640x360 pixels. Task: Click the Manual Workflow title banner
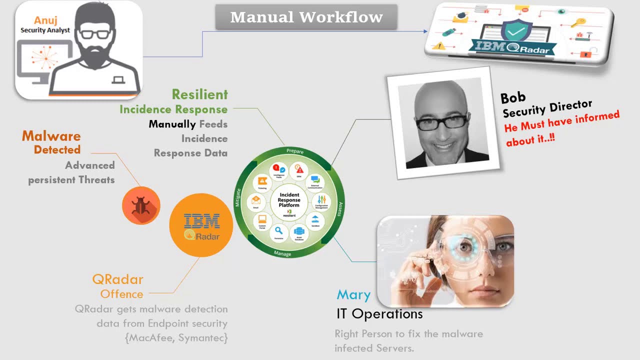[306, 17]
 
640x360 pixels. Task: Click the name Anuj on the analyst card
[45, 20]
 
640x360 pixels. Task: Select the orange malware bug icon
[140, 205]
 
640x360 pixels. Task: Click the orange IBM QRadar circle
[201, 225]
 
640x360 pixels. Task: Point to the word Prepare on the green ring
[295, 151]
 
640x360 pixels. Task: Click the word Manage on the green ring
[282, 253]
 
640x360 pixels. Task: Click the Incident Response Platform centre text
[289, 200]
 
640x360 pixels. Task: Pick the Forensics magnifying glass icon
[279, 231]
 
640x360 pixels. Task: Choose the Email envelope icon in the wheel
[256, 200]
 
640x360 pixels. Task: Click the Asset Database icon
[299, 232]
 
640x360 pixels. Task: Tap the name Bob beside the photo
[512, 97]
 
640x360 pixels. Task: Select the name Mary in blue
[353, 295]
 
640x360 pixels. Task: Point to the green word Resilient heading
[199, 94]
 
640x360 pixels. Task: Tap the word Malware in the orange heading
[51, 136]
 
